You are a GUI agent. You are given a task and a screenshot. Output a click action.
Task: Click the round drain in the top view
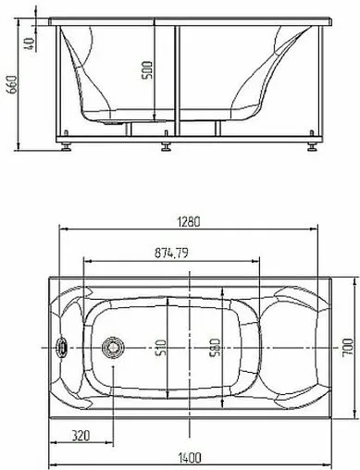click(x=113, y=349)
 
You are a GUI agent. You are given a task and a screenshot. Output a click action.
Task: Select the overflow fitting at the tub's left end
click(x=63, y=349)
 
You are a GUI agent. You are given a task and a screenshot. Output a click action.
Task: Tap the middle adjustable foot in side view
click(x=166, y=144)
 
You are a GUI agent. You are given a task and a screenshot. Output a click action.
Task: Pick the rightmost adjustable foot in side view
click(x=308, y=144)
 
